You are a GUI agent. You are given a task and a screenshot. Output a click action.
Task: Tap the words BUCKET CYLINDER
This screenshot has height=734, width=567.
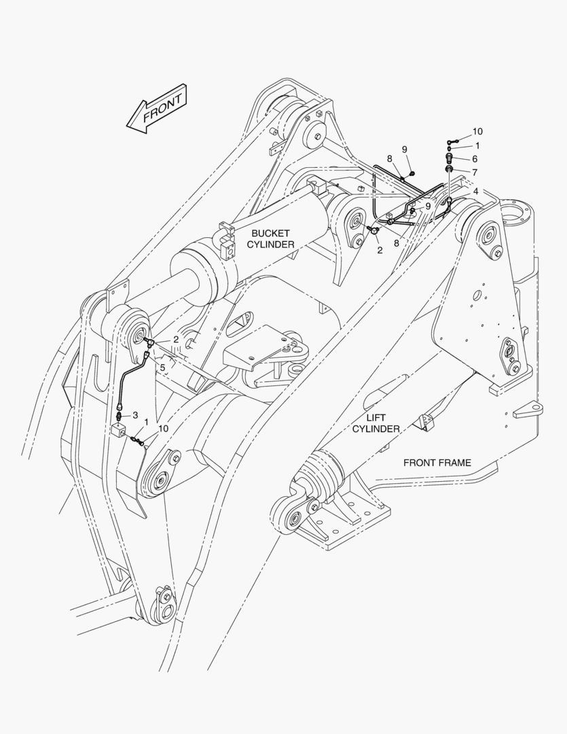[x=270, y=239]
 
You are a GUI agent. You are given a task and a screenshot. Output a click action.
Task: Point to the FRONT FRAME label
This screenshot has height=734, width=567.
[x=437, y=463]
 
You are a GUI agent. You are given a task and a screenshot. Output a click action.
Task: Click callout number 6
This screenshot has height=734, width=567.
[x=475, y=158]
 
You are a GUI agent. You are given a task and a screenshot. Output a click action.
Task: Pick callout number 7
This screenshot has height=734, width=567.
[x=475, y=172]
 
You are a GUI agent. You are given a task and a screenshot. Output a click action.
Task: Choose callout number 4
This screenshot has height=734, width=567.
[x=476, y=192]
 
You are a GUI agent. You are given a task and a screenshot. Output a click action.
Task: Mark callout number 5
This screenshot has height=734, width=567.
[x=162, y=367]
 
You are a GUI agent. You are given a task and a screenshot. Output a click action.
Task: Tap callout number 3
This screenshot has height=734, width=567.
[x=136, y=415]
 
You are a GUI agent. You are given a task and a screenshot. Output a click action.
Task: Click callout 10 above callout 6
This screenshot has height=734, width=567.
[x=477, y=131]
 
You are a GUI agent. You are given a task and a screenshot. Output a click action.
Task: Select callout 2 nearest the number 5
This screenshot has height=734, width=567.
[x=176, y=339]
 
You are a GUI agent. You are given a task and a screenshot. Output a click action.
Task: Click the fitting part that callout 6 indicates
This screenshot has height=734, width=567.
[x=449, y=158]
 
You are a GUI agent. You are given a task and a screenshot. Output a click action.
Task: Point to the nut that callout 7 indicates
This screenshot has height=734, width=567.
[x=449, y=169]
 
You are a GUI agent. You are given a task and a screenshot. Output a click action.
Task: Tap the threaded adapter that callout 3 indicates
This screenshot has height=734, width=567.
[x=121, y=415]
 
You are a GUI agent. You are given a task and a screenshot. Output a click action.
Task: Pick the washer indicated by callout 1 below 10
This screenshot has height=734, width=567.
[x=450, y=147]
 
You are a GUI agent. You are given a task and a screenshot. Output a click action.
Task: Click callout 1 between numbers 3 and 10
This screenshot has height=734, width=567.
[x=145, y=422]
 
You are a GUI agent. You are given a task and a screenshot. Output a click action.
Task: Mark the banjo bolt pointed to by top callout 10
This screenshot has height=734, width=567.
[x=451, y=140]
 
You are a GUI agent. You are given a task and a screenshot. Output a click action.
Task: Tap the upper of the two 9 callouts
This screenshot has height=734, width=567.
[x=404, y=150]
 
